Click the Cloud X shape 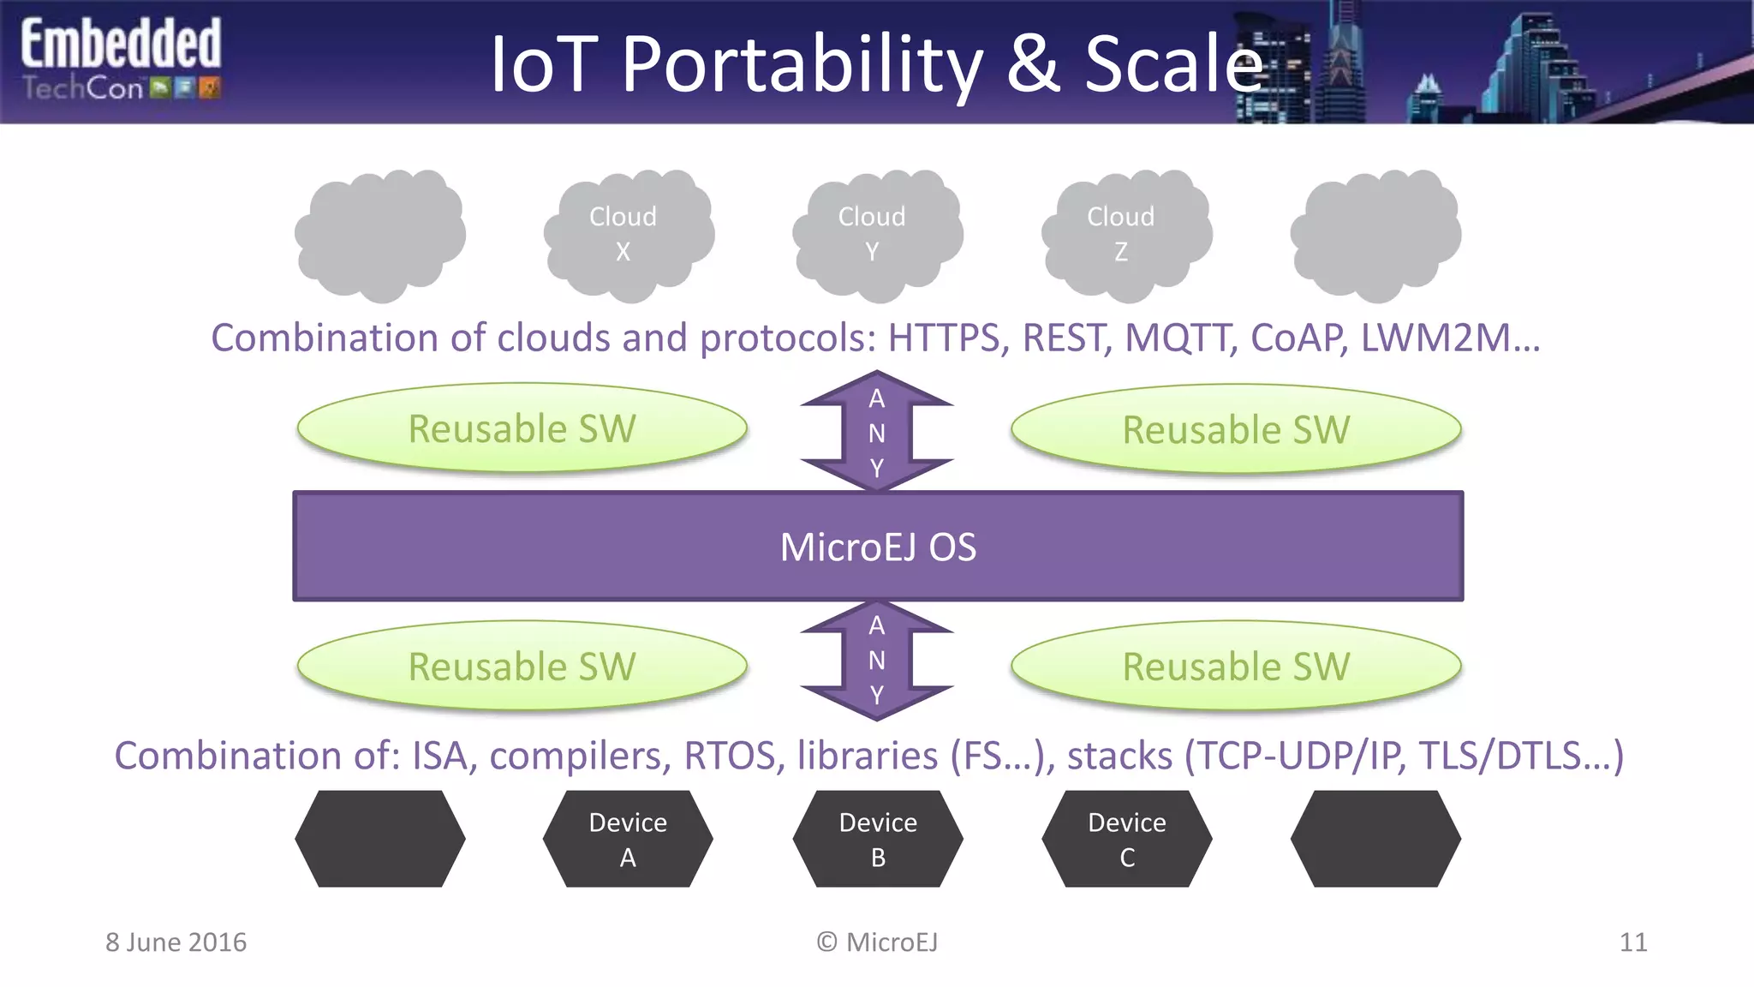pyautogui.click(x=628, y=235)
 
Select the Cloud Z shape pyautogui.click(x=1125, y=235)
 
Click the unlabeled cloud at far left pyautogui.click(x=379, y=235)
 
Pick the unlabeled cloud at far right pyautogui.click(x=1375, y=235)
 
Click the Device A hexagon pyautogui.click(x=628, y=839)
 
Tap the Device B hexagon pyautogui.click(x=877, y=839)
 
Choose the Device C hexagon pyautogui.click(x=1126, y=839)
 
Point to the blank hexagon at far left pyautogui.click(x=379, y=839)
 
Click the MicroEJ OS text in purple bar pyautogui.click(x=877, y=547)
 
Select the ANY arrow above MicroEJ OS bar pyautogui.click(x=876, y=432)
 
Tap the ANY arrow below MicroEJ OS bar pyautogui.click(x=876, y=660)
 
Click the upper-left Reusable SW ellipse pyautogui.click(x=522, y=428)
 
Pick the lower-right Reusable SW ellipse pyautogui.click(x=1235, y=666)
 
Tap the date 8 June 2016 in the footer pyautogui.click(x=176, y=942)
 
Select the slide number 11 pyautogui.click(x=1632, y=942)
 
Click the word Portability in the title pyautogui.click(x=802, y=65)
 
